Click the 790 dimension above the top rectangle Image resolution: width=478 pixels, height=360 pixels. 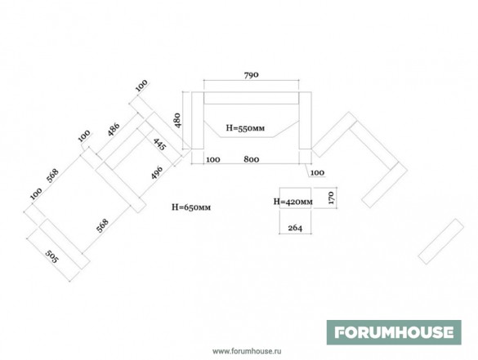pos(251,75)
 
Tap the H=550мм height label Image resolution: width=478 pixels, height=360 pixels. pos(245,128)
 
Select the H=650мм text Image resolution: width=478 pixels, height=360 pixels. pos(191,207)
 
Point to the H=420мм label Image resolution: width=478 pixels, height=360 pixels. pos(293,202)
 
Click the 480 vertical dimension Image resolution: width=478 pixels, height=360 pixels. pos(177,120)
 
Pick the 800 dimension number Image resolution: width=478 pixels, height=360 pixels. pos(252,159)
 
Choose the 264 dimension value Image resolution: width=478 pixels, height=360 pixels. pos(295,228)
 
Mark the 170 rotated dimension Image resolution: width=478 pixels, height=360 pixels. pos(332,198)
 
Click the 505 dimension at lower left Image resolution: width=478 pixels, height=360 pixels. pos(51,257)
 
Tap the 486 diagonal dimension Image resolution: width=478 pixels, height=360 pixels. pos(114,130)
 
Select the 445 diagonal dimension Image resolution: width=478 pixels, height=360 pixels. pos(159,144)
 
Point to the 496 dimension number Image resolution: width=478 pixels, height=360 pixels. pos(157,172)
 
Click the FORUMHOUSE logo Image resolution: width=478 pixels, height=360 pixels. pos(394,332)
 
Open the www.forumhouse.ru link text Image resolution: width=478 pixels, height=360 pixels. pos(247,351)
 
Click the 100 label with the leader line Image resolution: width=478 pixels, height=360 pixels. pos(317,173)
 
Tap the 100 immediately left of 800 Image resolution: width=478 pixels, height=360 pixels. pos(213,160)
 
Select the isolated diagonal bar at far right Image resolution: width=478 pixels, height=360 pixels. pos(440,241)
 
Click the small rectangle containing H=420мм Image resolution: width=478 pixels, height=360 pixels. pos(295,198)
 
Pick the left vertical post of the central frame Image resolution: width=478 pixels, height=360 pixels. pos(198,120)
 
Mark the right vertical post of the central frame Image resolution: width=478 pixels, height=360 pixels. pos(305,120)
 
